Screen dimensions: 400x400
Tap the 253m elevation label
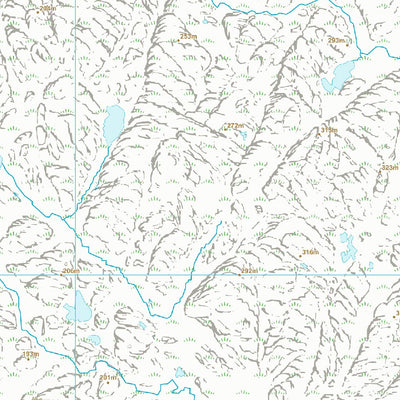pyautogui.click(x=187, y=36)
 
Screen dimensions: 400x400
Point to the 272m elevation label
pyautogui.click(x=236, y=126)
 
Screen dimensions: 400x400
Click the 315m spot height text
pyautogui.click(x=328, y=130)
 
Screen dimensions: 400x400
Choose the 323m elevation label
pyautogui.click(x=389, y=167)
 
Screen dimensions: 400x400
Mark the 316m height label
pyautogui.click(x=310, y=252)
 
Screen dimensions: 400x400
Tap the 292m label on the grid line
pyautogui.click(x=249, y=270)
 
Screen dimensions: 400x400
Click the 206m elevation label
pyautogui.click(x=69, y=270)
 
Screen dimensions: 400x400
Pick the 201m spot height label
pyautogui.click(x=108, y=377)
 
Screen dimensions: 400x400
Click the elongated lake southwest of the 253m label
pyautogui.click(x=113, y=123)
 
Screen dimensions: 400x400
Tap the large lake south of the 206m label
pyautogui.click(x=78, y=309)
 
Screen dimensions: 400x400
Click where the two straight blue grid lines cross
pyautogui.click(x=77, y=271)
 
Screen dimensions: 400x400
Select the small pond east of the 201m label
pyautogui.click(x=179, y=373)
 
